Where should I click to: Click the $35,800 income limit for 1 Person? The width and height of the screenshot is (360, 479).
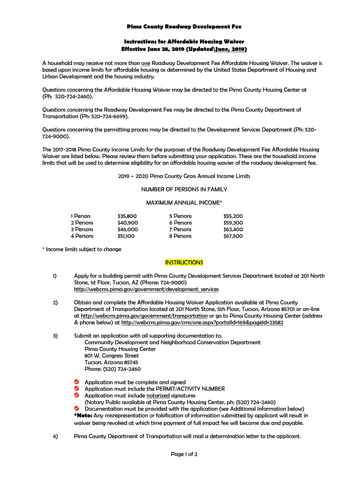tap(127, 216)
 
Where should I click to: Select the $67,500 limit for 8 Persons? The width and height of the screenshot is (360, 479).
tap(233, 236)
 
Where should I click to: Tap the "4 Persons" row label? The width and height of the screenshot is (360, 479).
tap(82, 236)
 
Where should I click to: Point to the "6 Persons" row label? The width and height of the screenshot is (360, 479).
tap(180, 223)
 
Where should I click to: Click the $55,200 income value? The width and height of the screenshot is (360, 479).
tap(233, 216)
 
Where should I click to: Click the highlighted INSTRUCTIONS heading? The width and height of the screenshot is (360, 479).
tap(184, 262)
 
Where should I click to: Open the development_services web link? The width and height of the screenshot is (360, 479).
tap(146, 290)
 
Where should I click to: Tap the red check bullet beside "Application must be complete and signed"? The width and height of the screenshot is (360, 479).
tap(77, 382)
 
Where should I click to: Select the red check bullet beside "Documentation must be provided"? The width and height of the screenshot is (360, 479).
tap(77, 408)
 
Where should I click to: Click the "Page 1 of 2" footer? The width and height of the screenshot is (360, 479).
tap(184, 454)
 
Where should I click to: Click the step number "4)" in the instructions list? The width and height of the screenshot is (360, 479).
tap(55, 436)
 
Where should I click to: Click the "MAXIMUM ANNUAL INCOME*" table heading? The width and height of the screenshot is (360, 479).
tap(184, 203)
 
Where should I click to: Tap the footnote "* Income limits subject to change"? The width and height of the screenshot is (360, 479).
tap(82, 249)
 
